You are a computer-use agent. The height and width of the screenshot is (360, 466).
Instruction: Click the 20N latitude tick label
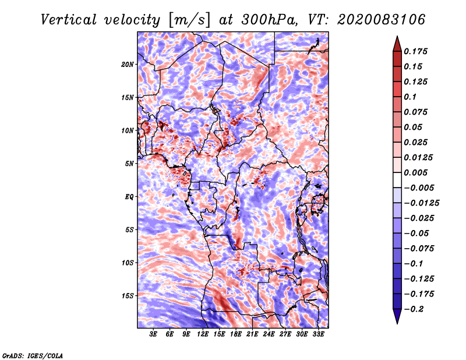click(x=128, y=65)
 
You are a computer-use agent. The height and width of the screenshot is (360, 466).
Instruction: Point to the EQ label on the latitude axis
click(x=129, y=197)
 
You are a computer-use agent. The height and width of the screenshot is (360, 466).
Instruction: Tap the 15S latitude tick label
click(x=128, y=296)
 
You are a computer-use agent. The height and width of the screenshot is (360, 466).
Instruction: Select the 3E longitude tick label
click(x=153, y=334)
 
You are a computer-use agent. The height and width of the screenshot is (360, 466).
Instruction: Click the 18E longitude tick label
click(x=235, y=334)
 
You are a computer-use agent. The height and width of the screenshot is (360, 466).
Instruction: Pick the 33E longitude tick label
click(x=318, y=334)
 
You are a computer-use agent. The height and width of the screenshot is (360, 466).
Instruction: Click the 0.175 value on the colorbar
click(x=415, y=51)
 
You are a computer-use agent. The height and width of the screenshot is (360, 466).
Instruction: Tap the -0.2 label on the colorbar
click(x=414, y=309)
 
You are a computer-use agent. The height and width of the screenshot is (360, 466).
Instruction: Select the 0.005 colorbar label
click(x=415, y=172)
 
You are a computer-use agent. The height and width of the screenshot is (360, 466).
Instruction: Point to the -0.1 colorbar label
click(x=414, y=264)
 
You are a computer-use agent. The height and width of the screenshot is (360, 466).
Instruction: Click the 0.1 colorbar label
click(x=410, y=97)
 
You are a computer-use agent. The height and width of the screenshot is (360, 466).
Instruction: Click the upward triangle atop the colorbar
click(x=397, y=44)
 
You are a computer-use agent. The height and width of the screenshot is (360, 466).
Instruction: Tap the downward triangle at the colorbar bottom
click(x=397, y=316)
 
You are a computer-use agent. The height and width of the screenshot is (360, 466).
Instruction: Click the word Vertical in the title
click(x=69, y=20)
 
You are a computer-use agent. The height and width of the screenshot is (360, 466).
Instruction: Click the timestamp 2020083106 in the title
click(x=381, y=20)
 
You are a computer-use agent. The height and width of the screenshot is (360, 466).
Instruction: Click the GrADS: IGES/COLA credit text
click(x=33, y=355)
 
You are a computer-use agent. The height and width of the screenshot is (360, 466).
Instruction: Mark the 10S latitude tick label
click(x=128, y=263)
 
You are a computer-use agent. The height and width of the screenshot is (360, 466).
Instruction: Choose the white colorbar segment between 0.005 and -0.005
click(x=397, y=180)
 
